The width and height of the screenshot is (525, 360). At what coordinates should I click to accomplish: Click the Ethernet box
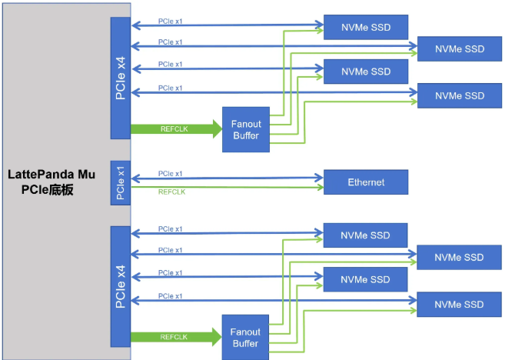click(x=365, y=182)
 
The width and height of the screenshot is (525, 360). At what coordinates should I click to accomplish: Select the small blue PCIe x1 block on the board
click(x=121, y=183)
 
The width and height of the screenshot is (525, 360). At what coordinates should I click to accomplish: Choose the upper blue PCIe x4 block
click(x=121, y=78)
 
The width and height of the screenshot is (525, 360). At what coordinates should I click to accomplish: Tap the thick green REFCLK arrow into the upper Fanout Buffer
click(x=176, y=129)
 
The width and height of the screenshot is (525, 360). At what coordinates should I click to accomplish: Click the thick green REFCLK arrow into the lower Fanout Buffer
click(x=176, y=337)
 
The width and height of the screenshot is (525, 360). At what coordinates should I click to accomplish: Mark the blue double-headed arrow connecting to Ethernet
click(x=227, y=178)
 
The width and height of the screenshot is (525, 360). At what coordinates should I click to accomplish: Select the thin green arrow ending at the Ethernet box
click(x=227, y=187)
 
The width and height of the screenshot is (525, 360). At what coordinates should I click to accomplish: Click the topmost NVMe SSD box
click(x=365, y=28)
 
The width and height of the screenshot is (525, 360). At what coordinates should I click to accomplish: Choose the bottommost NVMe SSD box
click(x=459, y=304)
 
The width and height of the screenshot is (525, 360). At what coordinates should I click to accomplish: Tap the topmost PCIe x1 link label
click(x=171, y=19)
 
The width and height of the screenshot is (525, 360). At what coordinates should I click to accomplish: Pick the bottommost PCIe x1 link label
click(x=171, y=296)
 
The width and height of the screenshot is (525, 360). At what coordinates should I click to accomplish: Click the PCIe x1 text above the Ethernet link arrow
click(x=171, y=173)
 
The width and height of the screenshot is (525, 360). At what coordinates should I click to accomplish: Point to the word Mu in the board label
click(x=87, y=175)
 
